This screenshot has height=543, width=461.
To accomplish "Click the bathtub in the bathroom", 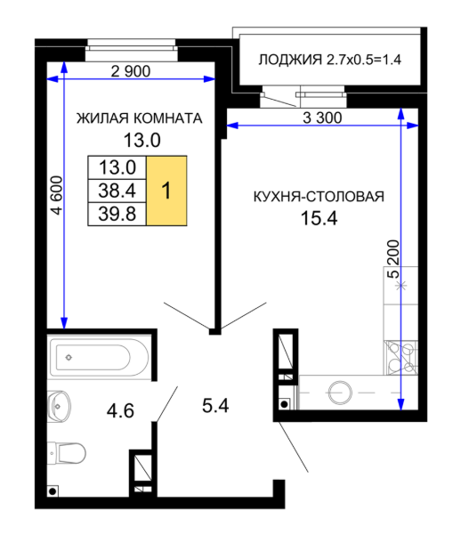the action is click(100, 357).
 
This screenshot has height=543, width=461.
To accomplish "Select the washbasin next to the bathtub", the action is click(59, 406).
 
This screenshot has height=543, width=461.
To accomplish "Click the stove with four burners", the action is click(400, 358).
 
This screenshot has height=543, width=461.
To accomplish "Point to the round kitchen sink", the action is click(340, 393).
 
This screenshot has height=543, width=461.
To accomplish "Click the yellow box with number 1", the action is click(166, 190).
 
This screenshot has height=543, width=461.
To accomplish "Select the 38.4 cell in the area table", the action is click(117, 190).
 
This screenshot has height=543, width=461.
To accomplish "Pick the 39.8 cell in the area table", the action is click(117, 214).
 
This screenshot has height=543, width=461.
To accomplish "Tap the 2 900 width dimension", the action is click(131, 72).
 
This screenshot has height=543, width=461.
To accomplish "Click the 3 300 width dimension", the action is click(322, 118).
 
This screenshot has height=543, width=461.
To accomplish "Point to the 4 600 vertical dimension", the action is click(57, 195).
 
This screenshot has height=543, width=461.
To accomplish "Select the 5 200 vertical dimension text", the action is click(393, 259).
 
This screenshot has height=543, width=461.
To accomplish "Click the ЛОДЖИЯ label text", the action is click(290, 60).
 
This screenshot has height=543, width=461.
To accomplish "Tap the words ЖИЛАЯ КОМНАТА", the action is click(139, 118).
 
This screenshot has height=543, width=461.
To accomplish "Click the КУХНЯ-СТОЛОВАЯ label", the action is click(319, 197).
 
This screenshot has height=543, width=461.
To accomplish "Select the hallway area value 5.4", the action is click(215, 406).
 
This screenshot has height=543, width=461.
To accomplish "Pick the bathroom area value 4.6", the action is click(120, 411).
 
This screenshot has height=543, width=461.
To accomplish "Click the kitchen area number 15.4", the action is click(319, 218).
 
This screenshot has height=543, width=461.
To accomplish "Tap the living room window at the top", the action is click(131, 50).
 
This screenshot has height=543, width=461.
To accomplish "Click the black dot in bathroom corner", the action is click(53, 491).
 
